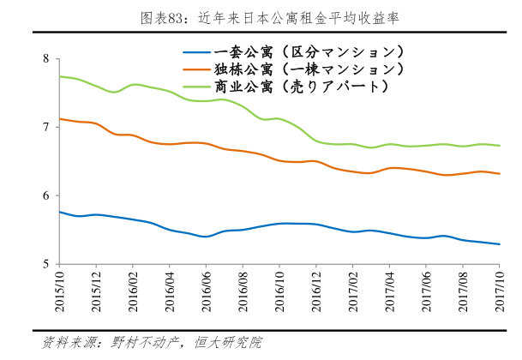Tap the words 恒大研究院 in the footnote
(226, 343)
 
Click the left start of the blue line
(58, 212)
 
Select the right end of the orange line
(500, 174)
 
